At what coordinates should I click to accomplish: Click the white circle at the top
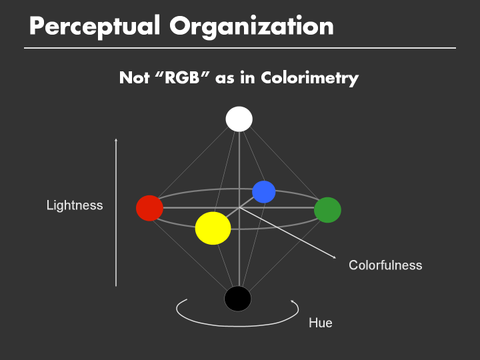[239, 119]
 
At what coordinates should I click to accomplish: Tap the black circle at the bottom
[237, 298]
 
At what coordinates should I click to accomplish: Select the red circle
[149, 208]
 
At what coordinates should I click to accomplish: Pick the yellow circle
[213, 228]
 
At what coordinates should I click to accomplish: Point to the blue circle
[264, 192]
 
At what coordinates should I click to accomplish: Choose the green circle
[327, 210]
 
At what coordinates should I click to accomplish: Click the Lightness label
[75, 205]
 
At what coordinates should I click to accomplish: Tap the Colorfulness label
[385, 265]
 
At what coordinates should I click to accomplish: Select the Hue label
[320, 323]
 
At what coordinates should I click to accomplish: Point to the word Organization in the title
[251, 27]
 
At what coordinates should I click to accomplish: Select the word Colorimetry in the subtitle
[309, 78]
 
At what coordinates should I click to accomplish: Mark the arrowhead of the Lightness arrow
[116, 140]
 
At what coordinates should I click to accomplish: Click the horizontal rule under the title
[240, 48]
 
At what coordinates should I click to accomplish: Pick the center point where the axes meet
[239, 208]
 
